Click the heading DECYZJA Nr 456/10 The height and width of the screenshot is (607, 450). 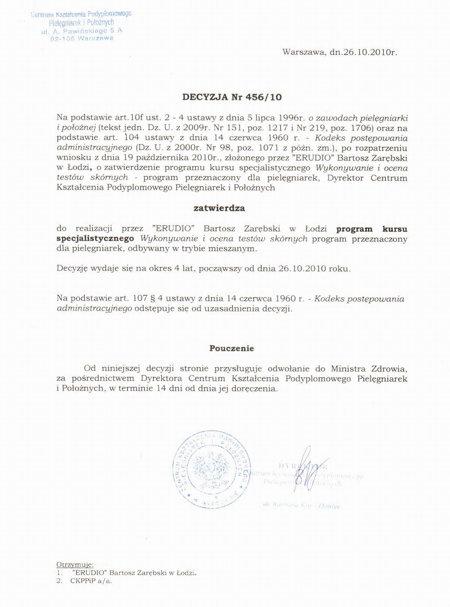tap(232, 97)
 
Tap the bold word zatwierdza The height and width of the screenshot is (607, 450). tap(219, 208)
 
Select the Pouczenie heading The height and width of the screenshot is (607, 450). tap(231, 348)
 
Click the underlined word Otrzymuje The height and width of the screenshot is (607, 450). tap(75, 564)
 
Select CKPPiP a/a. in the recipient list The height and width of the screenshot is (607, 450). tap(91, 581)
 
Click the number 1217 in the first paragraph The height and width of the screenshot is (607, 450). tap(277, 128)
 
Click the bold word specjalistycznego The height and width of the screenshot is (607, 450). tap(95, 238)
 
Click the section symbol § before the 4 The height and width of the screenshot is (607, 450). tap(152, 298)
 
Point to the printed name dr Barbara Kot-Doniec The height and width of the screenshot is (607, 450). tap(302, 505)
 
